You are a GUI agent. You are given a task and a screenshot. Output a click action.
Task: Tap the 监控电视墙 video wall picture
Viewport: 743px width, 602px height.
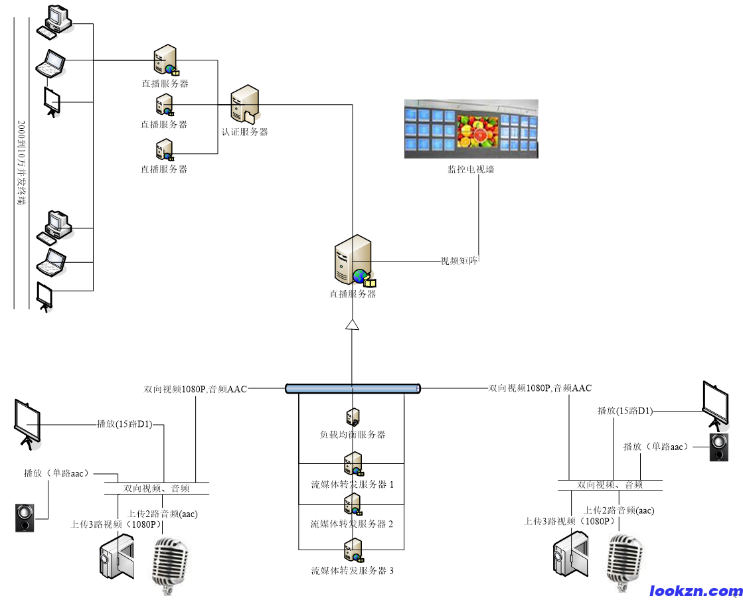[471, 129]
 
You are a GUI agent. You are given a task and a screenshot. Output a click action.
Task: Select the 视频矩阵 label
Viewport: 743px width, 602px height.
[459, 261]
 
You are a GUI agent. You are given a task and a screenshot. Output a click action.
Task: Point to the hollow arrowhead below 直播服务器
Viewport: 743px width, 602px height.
[353, 324]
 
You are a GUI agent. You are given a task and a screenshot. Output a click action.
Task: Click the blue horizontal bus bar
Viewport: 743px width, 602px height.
[353, 388]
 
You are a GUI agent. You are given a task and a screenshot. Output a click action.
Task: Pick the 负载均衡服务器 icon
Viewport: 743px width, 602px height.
[353, 417]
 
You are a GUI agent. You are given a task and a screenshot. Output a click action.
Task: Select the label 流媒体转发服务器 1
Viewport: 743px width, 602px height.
[353, 485]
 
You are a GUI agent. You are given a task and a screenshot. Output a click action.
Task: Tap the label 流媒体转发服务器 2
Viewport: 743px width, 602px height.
[352, 524]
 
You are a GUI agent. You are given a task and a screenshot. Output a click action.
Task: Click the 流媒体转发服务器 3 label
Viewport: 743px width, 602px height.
[353, 570]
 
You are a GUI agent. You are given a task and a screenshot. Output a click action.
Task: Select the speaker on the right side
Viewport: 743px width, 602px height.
[719, 447]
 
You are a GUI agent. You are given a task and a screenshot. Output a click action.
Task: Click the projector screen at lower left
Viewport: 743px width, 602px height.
[27, 423]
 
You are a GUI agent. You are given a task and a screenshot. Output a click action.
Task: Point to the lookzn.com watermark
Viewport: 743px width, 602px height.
[695, 591]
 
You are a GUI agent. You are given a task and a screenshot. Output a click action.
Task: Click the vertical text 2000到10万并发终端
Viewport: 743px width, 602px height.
[21, 163]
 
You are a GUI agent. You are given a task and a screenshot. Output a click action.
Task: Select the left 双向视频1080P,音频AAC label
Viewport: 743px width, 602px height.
[195, 389]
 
